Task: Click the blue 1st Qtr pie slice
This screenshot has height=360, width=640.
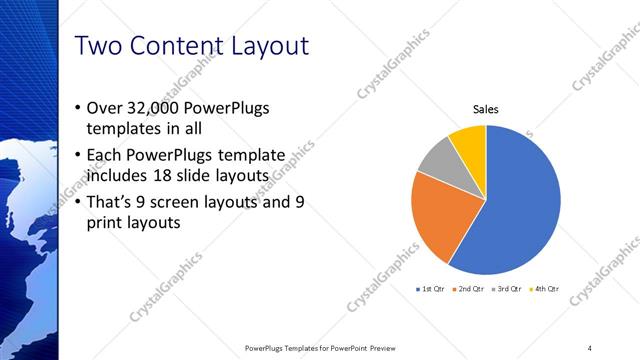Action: coord(525,205)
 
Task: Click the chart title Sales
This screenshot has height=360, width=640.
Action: coord(485,110)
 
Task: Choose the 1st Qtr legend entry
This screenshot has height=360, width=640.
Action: coord(430,289)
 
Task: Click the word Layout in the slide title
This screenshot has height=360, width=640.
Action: coord(266,46)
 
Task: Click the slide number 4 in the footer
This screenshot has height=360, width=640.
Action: coord(590,347)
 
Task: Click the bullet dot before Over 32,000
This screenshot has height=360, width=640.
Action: coord(80,108)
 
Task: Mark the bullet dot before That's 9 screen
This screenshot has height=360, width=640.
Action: coord(80,202)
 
